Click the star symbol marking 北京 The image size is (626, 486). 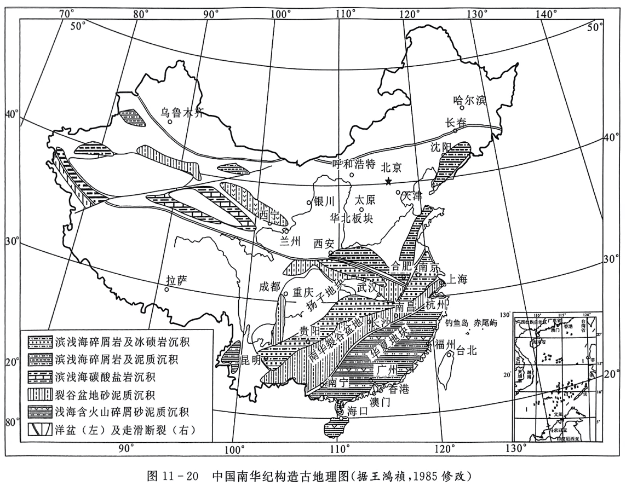[388, 181]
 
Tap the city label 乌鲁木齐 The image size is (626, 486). [182, 113]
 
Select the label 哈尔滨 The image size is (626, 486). [470, 100]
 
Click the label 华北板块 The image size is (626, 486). [351, 218]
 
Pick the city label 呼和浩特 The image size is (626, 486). [354, 164]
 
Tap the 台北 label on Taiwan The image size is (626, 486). [466, 351]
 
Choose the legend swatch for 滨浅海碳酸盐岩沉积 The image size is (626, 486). [38, 378]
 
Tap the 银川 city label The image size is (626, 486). [323, 201]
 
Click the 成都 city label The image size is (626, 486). [269, 286]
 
